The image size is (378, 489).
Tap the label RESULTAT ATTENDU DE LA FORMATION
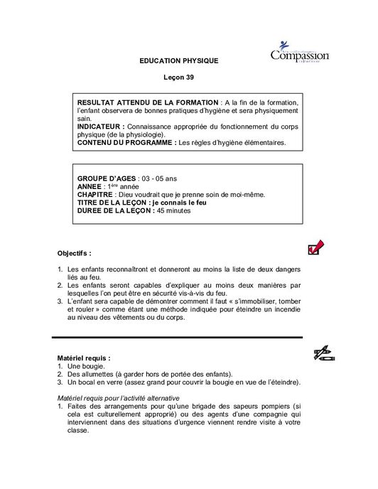pyautogui.click(x=142, y=104)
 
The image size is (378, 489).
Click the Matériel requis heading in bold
pyautogui.click(x=83, y=358)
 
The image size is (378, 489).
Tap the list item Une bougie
pyautogui.click(x=87, y=366)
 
